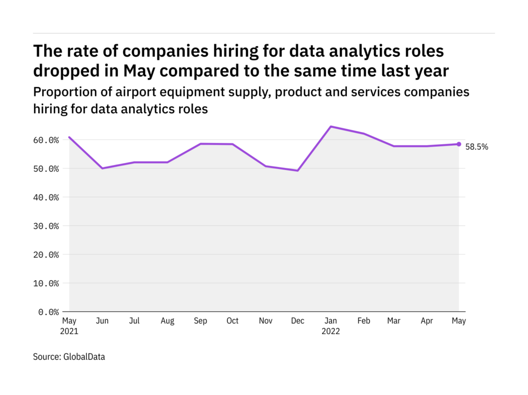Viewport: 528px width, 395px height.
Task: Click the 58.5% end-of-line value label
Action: pos(477,147)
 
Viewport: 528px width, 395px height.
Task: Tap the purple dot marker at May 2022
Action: pos(459,144)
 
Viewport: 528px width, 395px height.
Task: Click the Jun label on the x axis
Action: pos(102,321)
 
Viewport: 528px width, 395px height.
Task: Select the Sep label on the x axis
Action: pos(200,321)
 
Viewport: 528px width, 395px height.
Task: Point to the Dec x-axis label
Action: pos(298,321)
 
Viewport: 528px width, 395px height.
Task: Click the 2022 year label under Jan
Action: pos(331,331)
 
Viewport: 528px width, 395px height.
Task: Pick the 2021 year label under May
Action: pos(70,331)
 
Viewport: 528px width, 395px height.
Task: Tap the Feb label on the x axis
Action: pos(363,321)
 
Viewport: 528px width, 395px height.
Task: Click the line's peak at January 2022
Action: pos(331,126)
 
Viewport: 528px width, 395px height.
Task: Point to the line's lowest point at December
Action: pos(298,171)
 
